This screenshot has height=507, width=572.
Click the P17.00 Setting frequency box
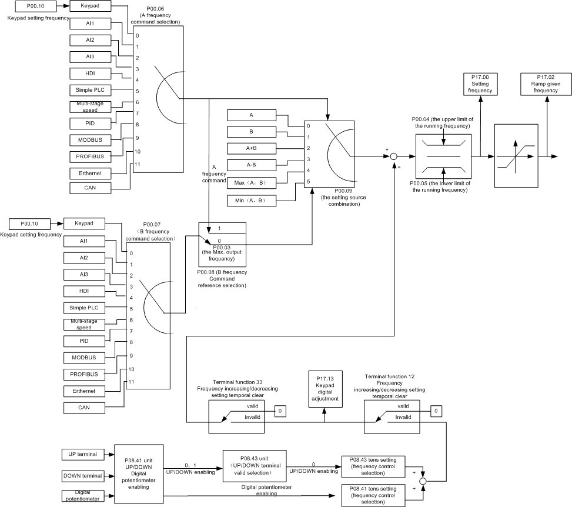(x=480, y=84)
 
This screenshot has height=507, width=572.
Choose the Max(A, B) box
(x=250, y=183)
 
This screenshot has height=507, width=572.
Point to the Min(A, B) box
(x=250, y=201)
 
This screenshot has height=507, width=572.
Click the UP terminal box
(x=82, y=454)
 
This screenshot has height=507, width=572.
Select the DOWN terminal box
(x=82, y=475)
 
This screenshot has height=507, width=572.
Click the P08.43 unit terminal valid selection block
(x=254, y=466)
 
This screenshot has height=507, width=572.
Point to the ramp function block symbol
(x=516, y=156)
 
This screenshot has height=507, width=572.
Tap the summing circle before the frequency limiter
(x=394, y=156)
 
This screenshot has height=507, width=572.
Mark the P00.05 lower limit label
(x=440, y=186)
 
